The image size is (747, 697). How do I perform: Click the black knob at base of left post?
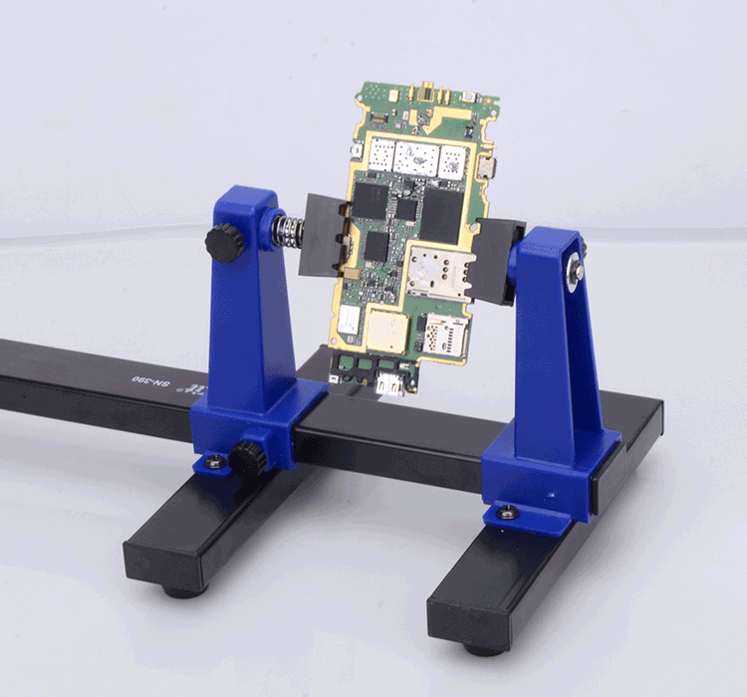[x=246, y=459]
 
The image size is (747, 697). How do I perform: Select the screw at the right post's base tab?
[x=508, y=513]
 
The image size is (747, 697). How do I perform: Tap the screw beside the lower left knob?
[x=213, y=461]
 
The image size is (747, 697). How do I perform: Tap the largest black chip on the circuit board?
[x=441, y=214]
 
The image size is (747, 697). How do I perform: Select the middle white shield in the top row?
[x=415, y=156]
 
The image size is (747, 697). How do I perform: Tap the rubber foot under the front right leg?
[x=483, y=649]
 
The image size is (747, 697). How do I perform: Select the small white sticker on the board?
[x=348, y=320]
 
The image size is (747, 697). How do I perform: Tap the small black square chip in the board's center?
[x=405, y=210]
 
